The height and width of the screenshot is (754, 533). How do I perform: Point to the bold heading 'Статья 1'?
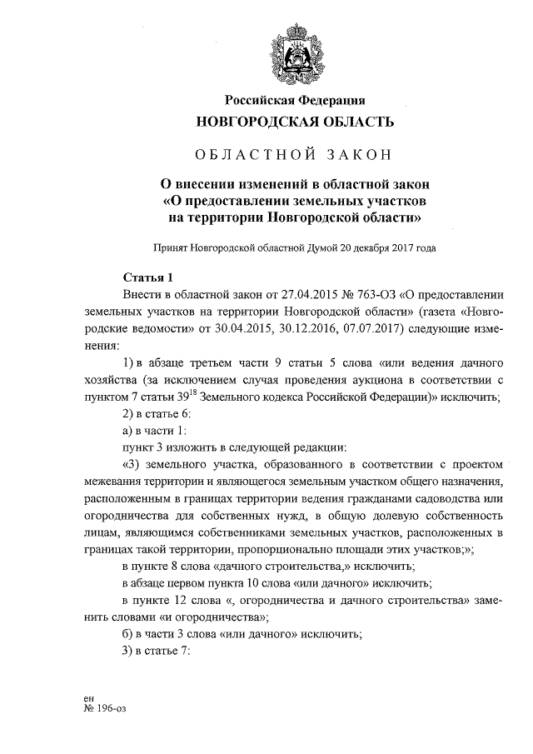tap(147, 277)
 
